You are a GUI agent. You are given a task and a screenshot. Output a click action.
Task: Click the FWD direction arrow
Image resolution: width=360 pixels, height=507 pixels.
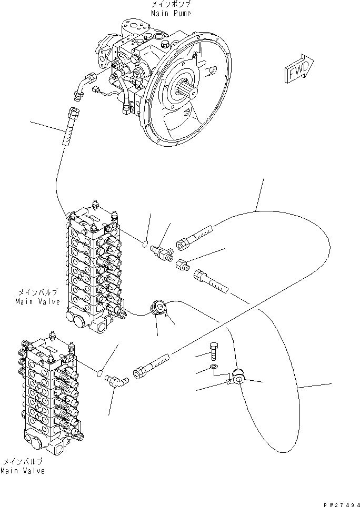click(299, 69)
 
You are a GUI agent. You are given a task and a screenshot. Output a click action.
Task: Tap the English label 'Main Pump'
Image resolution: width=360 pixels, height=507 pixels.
click(171, 13)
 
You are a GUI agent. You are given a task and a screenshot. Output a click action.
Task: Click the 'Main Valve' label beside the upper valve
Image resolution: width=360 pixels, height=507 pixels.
click(37, 301)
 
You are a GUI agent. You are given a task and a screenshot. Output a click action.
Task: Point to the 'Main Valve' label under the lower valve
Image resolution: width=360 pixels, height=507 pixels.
click(22, 471)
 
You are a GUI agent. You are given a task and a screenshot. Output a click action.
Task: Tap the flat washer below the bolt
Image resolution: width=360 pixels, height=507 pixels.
click(213, 367)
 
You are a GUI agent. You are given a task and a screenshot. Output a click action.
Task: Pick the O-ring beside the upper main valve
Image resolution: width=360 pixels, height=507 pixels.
click(145, 242)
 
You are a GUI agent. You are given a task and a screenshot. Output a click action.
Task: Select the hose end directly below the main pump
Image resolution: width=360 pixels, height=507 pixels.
click(72, 127)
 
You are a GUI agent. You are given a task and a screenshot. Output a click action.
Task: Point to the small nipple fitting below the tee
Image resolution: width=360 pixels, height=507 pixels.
click(182, 265)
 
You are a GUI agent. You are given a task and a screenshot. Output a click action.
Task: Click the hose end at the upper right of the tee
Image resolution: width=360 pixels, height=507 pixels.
click(194, 239)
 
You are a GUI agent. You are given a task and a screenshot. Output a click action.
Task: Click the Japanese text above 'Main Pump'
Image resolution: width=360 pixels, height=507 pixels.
click(171, 4)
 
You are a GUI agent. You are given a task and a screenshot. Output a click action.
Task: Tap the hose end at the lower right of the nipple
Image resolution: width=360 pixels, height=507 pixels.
click(210, 280)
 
